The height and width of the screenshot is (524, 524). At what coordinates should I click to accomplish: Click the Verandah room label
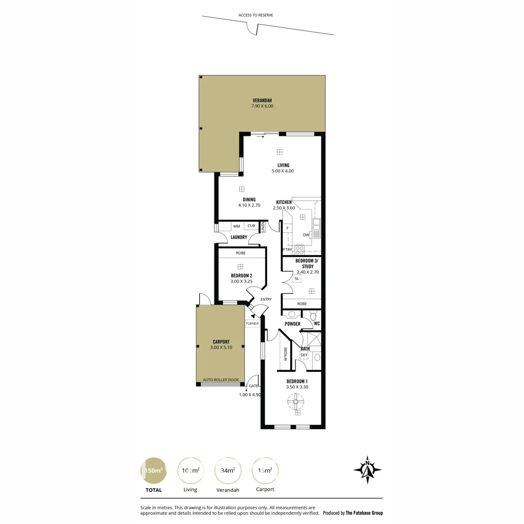pos(262,100)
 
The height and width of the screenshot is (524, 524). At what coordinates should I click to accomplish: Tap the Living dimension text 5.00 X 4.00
pos(283,171)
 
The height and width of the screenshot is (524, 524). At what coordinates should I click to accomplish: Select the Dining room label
pos(249,200)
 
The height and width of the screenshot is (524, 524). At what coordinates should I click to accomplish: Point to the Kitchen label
pos(284,202)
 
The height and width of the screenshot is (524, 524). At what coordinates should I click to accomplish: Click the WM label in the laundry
pos(236,226)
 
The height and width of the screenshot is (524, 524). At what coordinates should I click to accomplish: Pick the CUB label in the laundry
pos(251,226)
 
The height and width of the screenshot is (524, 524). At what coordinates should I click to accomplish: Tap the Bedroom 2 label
pos(241,276)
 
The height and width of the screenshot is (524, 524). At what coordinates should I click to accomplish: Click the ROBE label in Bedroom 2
pos(241,253)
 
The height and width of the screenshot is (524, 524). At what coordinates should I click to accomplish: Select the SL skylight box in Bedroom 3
pos(296,279)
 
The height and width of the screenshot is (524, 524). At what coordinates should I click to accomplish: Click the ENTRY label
pos(266,300)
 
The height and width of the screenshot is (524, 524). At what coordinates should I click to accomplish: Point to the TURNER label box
pos(252,324)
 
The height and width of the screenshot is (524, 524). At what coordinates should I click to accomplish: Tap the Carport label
pos(221,342)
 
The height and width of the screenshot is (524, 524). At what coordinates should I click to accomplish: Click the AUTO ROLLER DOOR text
pos(221,379)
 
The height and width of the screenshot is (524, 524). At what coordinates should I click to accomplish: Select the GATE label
pos(253,386)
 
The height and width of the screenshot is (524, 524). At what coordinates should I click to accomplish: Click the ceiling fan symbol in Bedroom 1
pos(296,401)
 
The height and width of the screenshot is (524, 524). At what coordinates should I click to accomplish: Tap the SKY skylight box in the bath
pos(304,355)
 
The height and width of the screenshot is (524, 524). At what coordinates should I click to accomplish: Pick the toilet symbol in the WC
pos(313,315)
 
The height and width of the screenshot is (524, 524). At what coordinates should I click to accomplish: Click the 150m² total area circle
pos(153,470)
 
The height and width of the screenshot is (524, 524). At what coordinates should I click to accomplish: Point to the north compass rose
pos(367,469)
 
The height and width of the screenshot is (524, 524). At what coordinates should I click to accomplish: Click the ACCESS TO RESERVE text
pos(255,15)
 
